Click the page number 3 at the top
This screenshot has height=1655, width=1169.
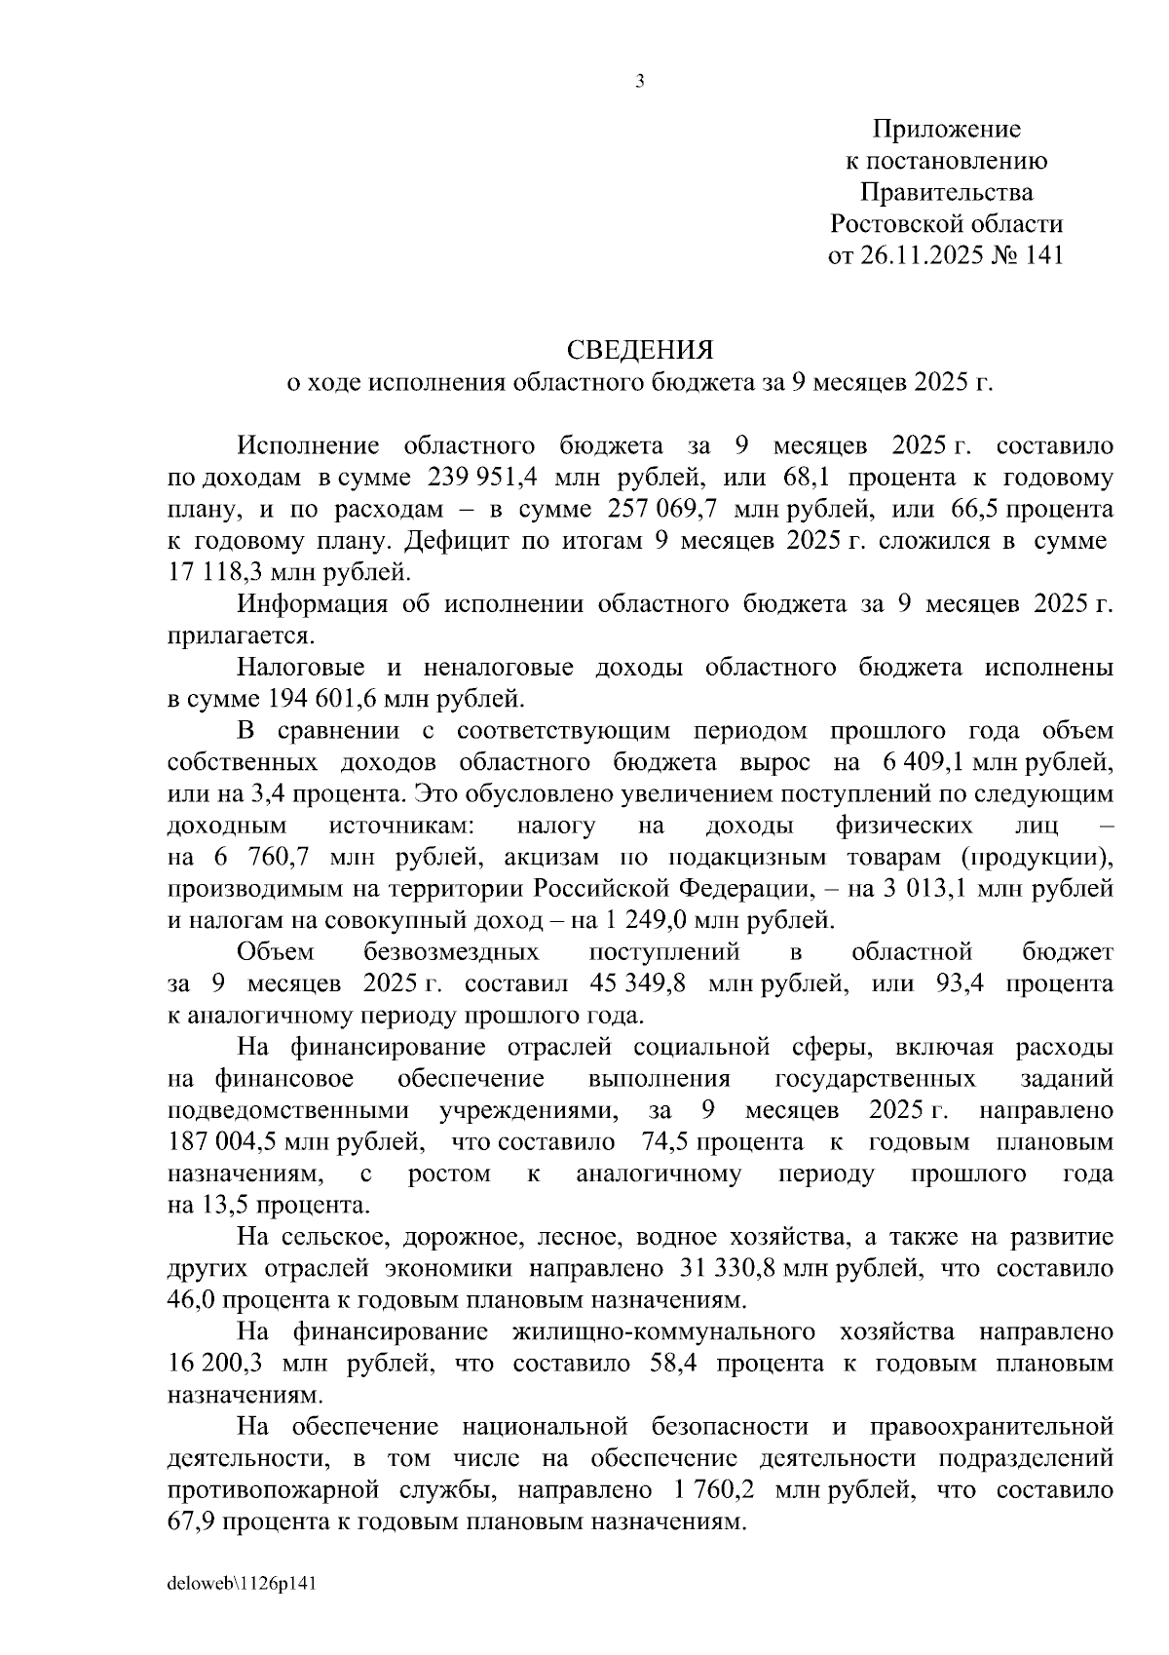[639, 82]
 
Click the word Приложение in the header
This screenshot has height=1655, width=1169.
[946, 129]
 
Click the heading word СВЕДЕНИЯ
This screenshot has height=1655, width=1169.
[640, 350]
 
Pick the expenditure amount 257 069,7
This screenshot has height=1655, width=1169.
[662, 510]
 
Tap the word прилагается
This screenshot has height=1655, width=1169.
[242, 635]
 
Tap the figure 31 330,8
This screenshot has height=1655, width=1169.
[722, 1268]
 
